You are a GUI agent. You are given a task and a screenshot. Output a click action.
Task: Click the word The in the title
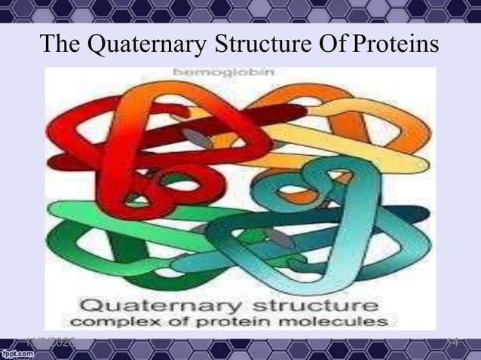[62, 44]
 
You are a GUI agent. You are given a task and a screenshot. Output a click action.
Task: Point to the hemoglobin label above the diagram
[225, 74]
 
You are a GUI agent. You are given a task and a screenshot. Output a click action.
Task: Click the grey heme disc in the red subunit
[196, 139]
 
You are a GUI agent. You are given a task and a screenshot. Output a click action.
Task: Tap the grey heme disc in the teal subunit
[281, 239]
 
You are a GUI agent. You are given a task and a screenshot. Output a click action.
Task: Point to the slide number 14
[454, 341]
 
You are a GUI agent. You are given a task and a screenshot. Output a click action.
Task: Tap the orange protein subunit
[377, 136]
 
